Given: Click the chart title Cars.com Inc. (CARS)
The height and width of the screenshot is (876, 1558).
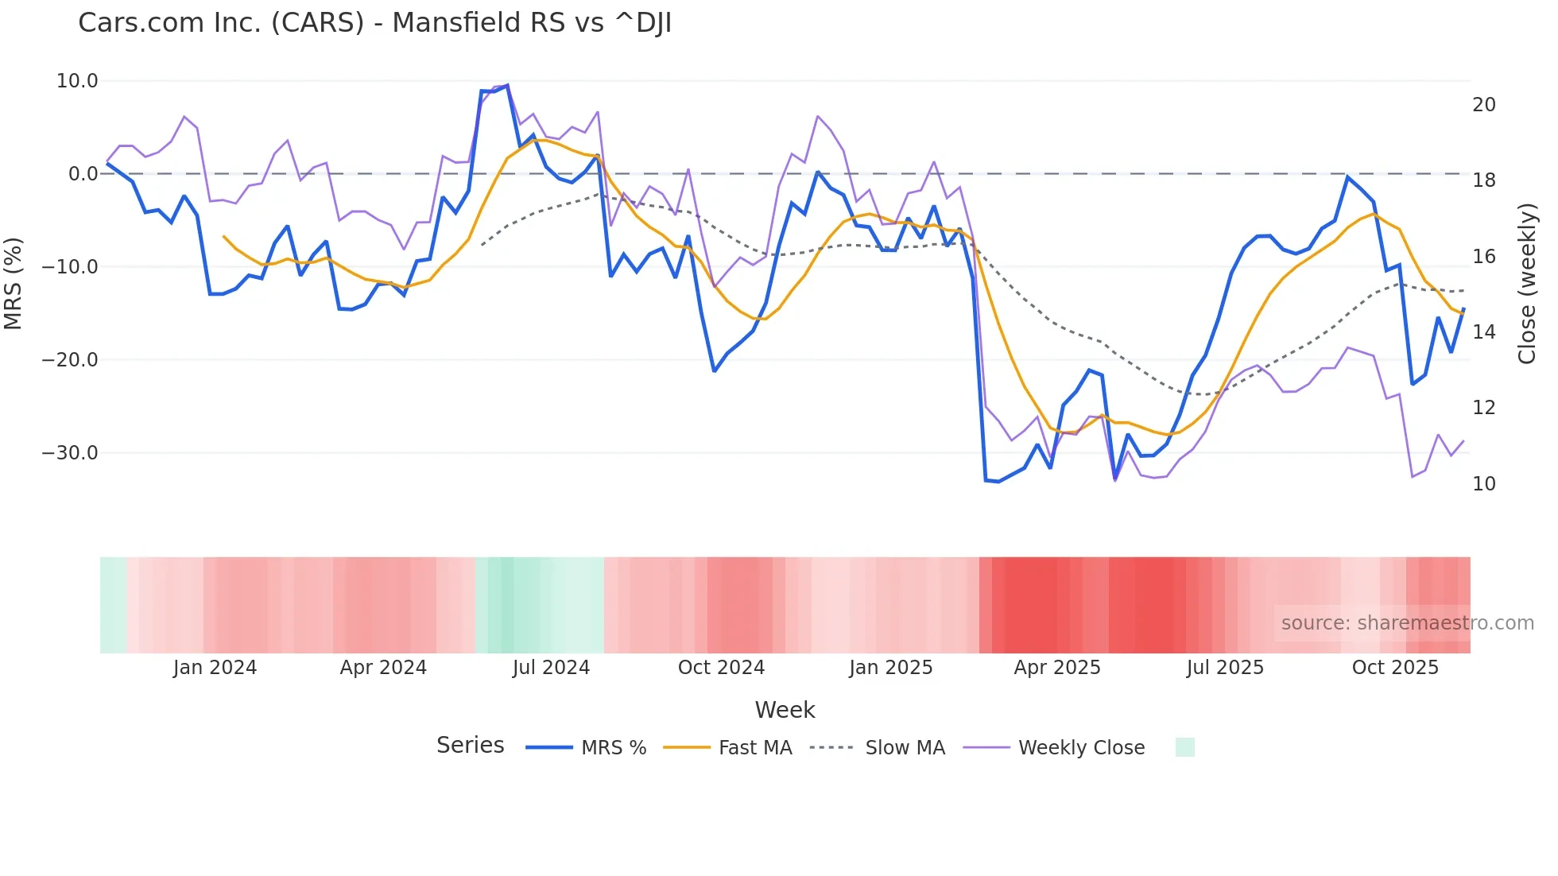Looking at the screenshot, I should click(374, 23).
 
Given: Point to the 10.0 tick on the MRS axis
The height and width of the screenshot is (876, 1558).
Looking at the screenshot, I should click(77, 81).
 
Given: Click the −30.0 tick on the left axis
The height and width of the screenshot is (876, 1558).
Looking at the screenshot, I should click(70, 453).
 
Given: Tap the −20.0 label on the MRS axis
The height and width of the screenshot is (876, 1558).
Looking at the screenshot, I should click(70, 360).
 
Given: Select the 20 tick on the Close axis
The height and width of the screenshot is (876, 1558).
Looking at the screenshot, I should click(1483, 105).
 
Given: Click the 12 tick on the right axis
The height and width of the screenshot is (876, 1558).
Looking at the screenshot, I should click(1483, 408).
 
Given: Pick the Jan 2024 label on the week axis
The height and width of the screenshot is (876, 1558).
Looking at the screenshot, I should click(215, 668).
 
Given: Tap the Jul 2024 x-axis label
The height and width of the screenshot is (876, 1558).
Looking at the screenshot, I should click(551, 668).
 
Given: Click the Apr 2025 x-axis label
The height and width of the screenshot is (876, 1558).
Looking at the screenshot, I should click(1056, 668).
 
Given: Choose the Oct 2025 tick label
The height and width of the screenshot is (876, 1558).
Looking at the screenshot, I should click(1395, 668).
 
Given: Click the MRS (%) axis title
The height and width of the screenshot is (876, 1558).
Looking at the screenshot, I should click(14, 284).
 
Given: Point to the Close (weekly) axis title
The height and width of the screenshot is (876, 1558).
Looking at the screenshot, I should click(1526, 284).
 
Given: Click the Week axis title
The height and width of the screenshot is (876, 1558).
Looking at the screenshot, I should click(785, 710).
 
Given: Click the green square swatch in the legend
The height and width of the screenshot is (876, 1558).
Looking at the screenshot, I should click(1184, 747).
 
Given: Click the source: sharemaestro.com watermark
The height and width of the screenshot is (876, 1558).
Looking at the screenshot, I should click(1407, 623).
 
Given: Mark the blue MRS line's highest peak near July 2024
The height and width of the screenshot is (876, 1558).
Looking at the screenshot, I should click(507, 85).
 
